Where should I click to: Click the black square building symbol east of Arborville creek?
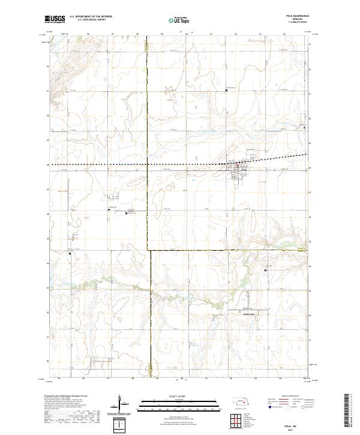tap(266, 271)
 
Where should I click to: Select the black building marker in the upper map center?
tap(226, 91)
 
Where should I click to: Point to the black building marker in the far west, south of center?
tap(70, 254)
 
